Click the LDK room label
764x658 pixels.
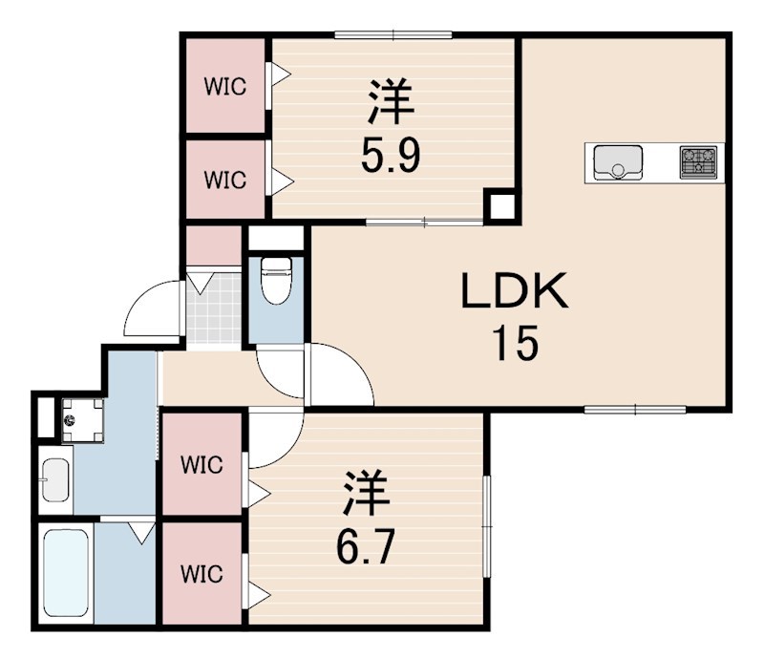[515, 290]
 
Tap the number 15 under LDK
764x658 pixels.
[515, 343]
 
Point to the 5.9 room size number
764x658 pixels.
[391, 155]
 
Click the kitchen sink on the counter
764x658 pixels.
[617, 162]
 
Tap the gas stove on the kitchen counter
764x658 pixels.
[698, 162]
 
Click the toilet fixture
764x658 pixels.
[276, 280]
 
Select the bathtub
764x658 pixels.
[66, 573]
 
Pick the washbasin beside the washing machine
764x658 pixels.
[55, 480]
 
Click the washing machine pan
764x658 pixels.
[83, 419]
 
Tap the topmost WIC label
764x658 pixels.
[225, 87]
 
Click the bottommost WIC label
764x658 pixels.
[202, 574]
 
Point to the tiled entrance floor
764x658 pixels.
[214, 308]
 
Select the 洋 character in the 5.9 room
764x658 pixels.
[391, 101]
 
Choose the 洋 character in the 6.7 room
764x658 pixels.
[367, 492]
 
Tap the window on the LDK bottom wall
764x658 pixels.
[635, 410]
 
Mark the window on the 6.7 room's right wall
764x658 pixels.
[487, 526]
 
